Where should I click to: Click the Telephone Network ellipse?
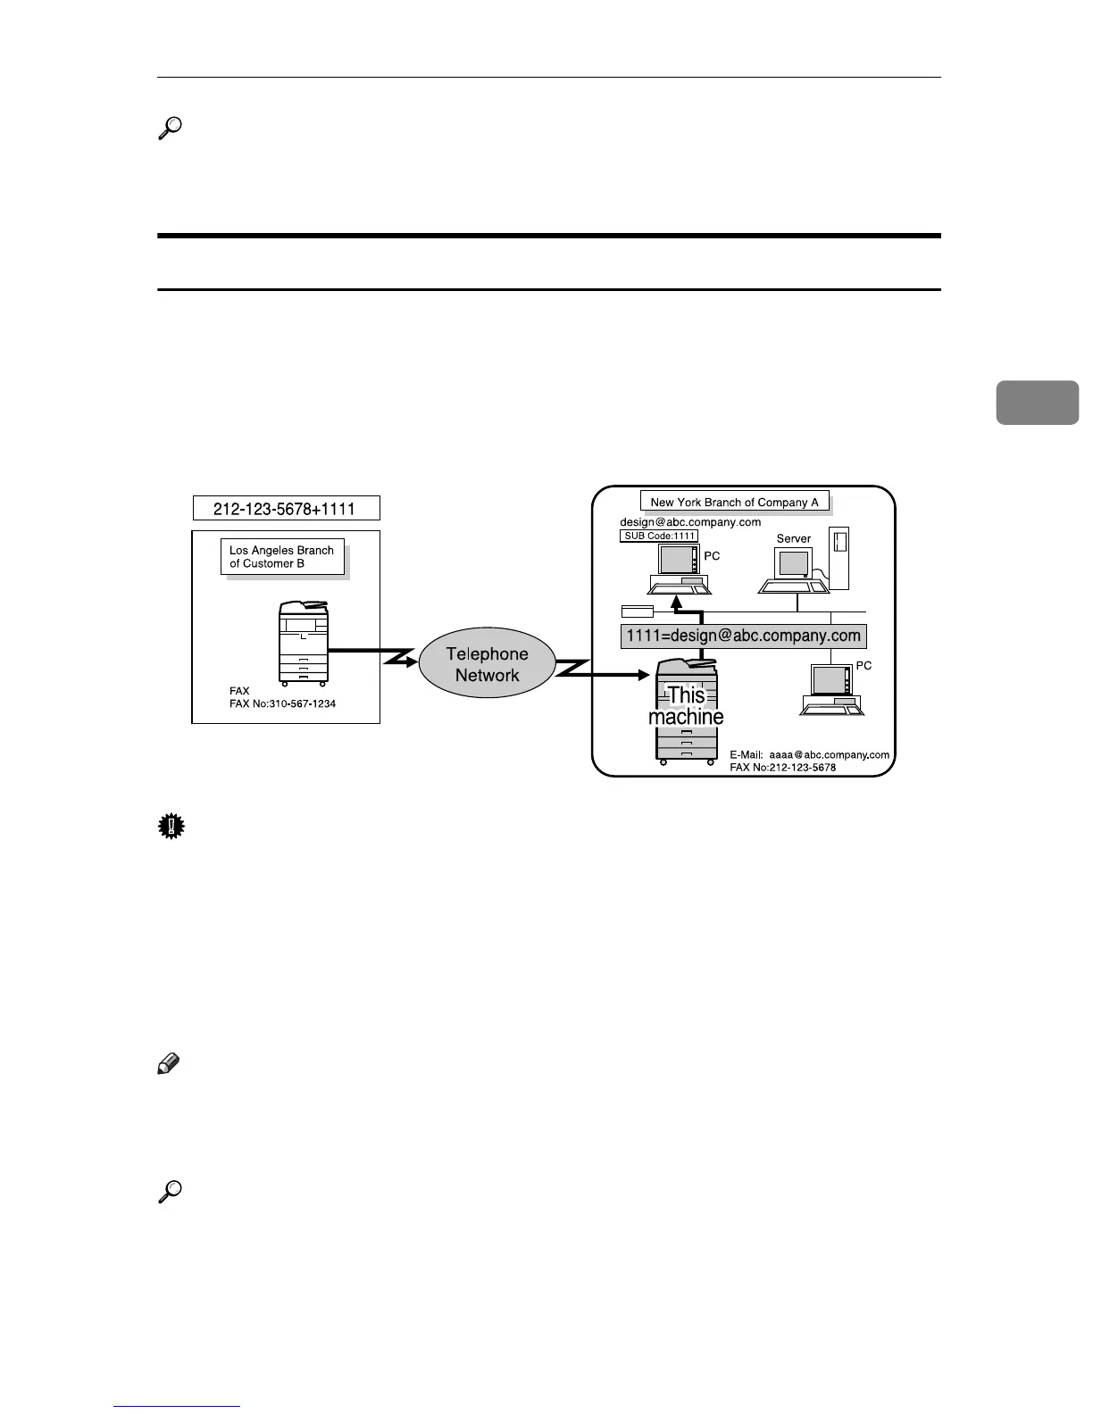pos(487,665)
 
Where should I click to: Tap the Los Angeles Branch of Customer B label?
pos(282,557)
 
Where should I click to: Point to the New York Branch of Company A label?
pos(734,502)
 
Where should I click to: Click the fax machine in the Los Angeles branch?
pos(305,641)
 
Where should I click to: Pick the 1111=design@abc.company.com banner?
pos(743,636)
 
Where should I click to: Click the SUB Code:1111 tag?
pos(659,536)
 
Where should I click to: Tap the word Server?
pos(794,538)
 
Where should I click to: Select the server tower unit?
pos(839,557)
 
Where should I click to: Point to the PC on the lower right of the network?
pos(830,691)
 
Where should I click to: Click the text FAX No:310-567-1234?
pos(282,703)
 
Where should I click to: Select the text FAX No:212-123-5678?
pos(782,767)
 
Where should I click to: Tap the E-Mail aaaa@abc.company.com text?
pos(809,754)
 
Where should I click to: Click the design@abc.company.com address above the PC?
pos(690,522)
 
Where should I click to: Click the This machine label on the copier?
pos(686,705)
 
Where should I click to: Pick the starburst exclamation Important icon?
pos(170,828)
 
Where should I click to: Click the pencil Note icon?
pos(168,1064)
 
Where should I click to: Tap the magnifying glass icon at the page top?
pos(170,129)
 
